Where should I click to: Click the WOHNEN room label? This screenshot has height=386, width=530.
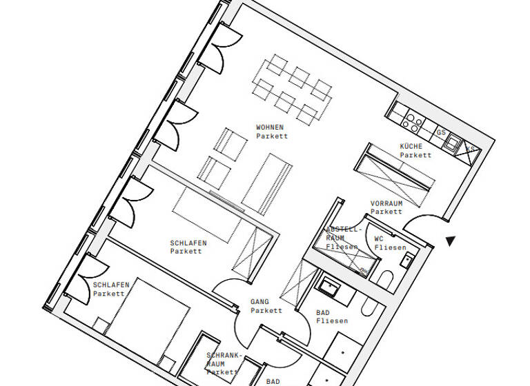[270, 128]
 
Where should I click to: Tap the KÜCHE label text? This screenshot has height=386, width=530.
[411, 146]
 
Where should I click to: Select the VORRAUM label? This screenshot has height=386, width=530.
[386, 203]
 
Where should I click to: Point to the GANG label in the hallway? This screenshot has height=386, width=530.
[259, 302]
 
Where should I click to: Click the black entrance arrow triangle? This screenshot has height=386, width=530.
[450, 241]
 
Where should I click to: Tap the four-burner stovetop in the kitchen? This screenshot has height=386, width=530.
[413, 122]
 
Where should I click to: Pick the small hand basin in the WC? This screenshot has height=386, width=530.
[407, 261]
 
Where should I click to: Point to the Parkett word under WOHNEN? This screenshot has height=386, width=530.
[271, 136]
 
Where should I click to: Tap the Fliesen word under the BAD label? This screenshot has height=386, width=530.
[332, 321]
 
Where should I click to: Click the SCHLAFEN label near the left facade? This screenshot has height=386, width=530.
[110, 285]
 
